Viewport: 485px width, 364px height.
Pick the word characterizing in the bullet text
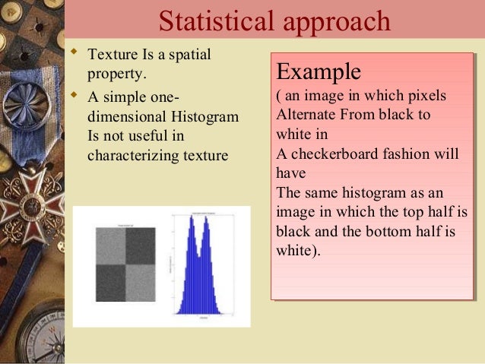[133, 156]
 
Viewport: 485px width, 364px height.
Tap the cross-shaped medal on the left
[31, 202]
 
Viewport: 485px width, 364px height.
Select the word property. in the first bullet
[115, 74]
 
